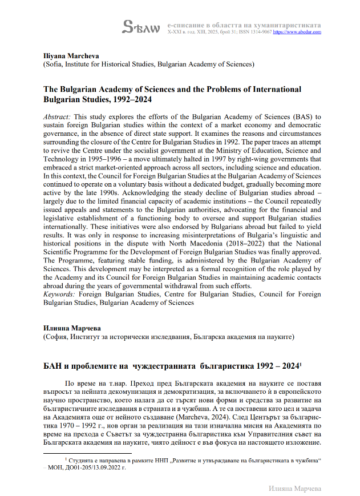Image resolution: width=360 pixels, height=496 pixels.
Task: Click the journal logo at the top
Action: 143,27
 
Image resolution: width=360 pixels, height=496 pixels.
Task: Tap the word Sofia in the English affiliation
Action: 56,65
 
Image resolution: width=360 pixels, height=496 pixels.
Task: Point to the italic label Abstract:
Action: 58,116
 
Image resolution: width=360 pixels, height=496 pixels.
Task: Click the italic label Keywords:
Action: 59,294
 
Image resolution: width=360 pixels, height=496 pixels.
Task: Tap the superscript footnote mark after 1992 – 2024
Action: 301,364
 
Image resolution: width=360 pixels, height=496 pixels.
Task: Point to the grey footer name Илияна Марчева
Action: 295,488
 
